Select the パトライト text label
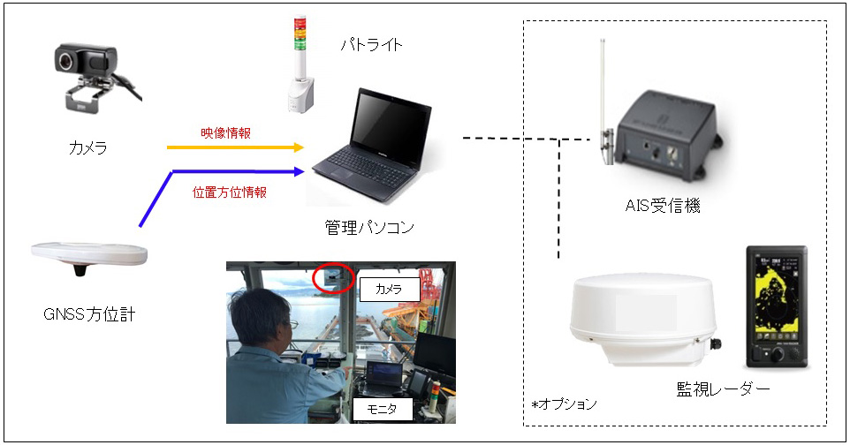(371, 44)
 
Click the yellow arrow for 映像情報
(235, 147)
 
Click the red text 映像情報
(226, 132)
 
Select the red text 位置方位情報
(230, 192)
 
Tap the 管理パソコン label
(369, 227)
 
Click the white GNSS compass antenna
(89, 255)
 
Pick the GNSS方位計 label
(89, 314)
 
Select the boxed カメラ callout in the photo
(389, 290)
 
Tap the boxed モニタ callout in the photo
(383, 410)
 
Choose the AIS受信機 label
(663, 206)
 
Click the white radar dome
(643, 320)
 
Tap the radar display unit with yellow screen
(777, 308)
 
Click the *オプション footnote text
(564, 404)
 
